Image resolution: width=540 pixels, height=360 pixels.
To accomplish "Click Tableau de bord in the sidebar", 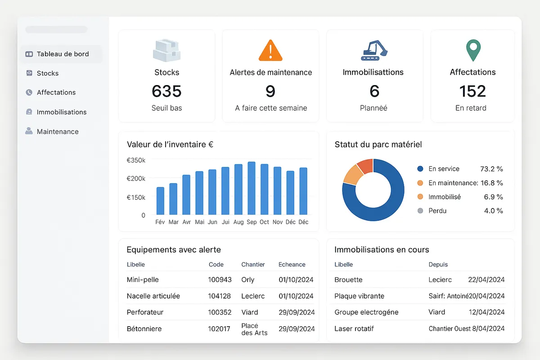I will click(x=62, y=54).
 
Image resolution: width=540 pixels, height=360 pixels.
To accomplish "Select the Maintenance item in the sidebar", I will click(x=57, y=132).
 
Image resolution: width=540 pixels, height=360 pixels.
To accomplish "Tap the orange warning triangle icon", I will click(x=270, y=50).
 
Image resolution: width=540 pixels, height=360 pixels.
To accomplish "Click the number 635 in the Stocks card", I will click(x=166, y=91).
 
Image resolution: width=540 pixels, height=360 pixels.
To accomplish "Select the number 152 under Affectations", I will click(x=472, y=91).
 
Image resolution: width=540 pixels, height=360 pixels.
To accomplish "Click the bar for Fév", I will click(x=160, y=201).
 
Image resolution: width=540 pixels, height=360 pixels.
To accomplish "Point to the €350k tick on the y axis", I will click(x=136, y=160).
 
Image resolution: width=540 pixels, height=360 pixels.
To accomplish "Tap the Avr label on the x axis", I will click(x=186, y=222).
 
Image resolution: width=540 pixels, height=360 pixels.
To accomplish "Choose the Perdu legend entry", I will click(x=437, y=211).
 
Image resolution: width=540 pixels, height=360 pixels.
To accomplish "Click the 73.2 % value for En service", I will click(x=491, y=169).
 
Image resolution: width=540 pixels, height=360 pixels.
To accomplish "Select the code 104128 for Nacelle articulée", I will click(x=220, y=296).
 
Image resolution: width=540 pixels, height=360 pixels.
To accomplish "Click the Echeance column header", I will click(x=292, y=265).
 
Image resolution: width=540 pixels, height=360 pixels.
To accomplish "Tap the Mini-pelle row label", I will click(x=143, y=279).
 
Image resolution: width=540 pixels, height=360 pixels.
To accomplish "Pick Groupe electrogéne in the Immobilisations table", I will click(x=366, y=312).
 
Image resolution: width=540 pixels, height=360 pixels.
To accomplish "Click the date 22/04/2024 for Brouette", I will click(x=486, y=279).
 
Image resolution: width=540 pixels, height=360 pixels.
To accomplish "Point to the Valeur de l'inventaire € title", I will click(x=170, y=144).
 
